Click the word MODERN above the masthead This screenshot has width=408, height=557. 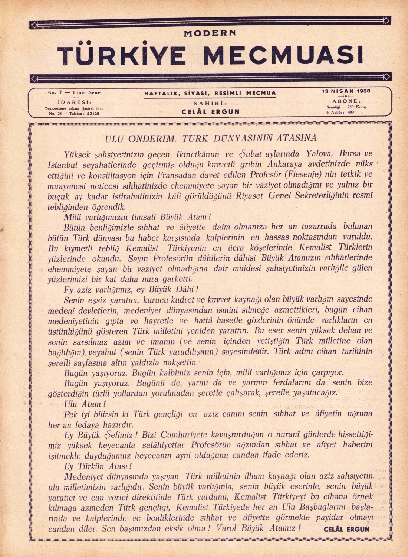[x=210, y=33]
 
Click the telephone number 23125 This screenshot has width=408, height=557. [x=92, y=114]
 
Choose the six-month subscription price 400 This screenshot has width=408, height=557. [x=351, y=112]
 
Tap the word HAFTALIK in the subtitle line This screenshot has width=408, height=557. [x=162, y=93]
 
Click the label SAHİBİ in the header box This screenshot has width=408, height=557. [x=210, y=103]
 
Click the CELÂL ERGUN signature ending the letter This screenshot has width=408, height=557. [x=347, y=530]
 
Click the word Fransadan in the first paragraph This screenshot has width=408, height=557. [x=175, y=174]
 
